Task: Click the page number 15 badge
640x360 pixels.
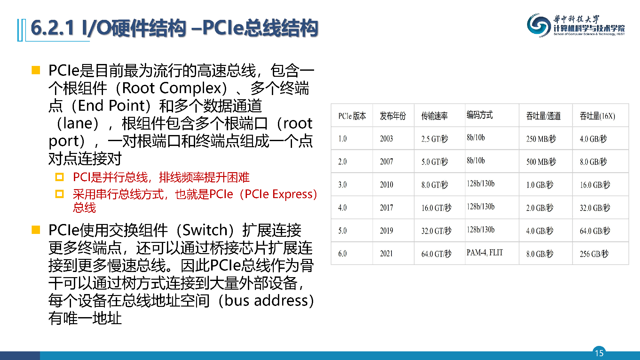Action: (x=599, y=353)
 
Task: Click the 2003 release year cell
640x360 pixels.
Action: (x=386, y=139)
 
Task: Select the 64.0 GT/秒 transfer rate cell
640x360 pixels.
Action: (x=436, y=254)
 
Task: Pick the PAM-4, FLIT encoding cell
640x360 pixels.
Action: (x=485, y=252)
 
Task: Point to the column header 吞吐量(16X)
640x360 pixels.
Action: (x=597, y=116)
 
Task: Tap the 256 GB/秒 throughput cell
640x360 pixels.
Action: (x=594, y=254)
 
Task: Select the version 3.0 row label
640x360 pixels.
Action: (x=342, y=185)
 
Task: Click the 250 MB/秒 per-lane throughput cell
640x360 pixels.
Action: (x=541, y=139)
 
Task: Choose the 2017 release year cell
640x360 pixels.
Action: (x=386, y=208)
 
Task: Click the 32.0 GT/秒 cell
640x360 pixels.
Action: (x=436, y=231)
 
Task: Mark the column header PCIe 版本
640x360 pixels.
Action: (x=352, y=116)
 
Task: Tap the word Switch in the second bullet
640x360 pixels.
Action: (x=205, y=230)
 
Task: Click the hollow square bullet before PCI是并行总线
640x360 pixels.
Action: (x=59, y=177)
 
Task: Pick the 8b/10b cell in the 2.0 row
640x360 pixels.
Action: (x=476, y=160)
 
